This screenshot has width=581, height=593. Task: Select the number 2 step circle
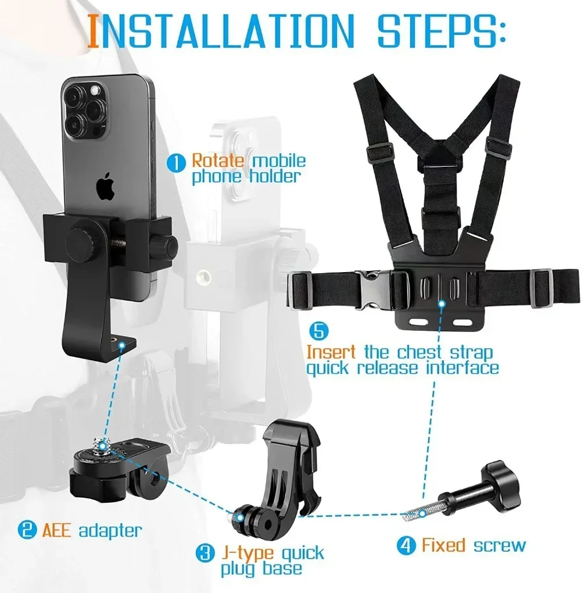pos(25,530)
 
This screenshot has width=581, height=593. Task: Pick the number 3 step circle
pos(204,553)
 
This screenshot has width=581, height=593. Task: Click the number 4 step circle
pos(406,545)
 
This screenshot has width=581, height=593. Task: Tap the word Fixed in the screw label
pos(443,545)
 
